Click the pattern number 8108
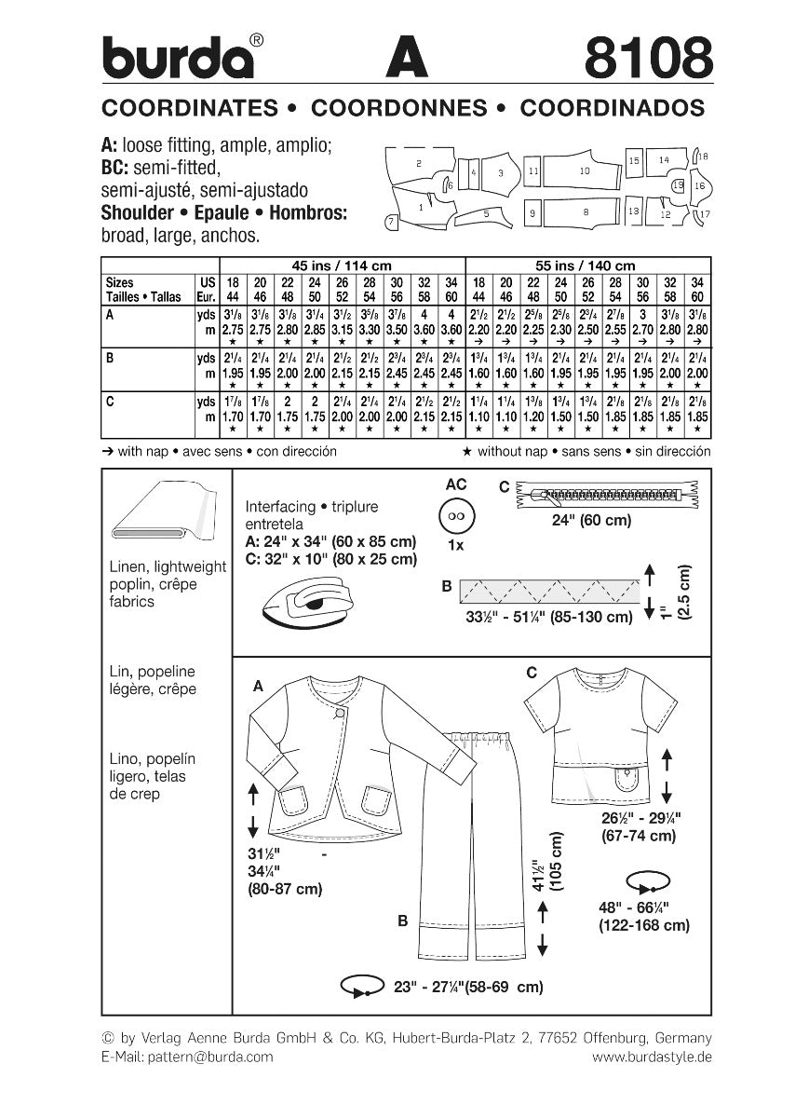(x=648, y=57)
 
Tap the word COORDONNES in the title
(x=399, y=108)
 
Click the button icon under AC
(x=456, y=516)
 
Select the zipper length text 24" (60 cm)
(x=605, y=521)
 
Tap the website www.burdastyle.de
(x=652, y=1057)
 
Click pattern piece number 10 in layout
(x=584, y=172)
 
